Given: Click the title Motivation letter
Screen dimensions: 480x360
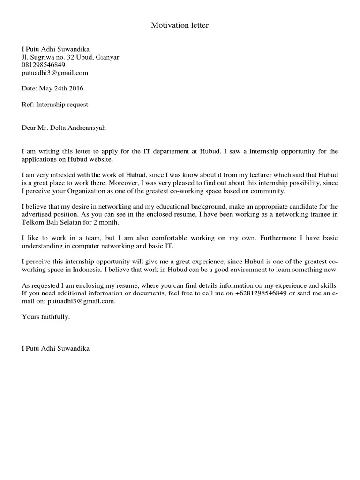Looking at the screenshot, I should [x=180, y=25].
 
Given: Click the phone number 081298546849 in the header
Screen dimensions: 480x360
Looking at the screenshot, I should [x=44, y=65].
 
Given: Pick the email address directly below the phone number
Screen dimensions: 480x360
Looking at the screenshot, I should [x=55, y=73].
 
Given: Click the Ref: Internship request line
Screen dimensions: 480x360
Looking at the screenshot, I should [x=55, y=104].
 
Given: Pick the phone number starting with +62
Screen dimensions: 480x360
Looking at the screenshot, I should [x=261, y=293].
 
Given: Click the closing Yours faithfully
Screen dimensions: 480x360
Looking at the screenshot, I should [x=45, y=317].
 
